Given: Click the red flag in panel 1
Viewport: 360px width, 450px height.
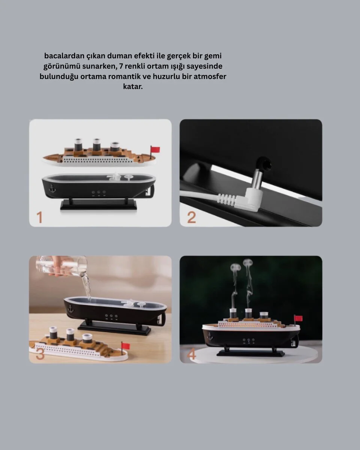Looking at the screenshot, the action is point(155,150).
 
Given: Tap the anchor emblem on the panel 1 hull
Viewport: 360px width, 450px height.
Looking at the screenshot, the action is point(52,188).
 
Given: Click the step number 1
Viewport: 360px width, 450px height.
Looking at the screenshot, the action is point(39,217).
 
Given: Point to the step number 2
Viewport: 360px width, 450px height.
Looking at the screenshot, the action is point(191,217).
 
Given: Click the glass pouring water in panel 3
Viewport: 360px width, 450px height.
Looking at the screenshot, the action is point(61,265).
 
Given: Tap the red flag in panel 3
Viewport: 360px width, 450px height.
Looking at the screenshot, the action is point(126,346).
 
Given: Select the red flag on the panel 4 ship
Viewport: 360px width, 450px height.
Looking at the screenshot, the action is point(298,318).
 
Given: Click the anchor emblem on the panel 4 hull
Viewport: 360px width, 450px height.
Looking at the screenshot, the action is point(210,337).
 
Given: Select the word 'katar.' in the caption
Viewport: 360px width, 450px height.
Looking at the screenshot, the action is point(133,87).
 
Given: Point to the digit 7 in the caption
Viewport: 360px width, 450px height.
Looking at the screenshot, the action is point(121,66).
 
